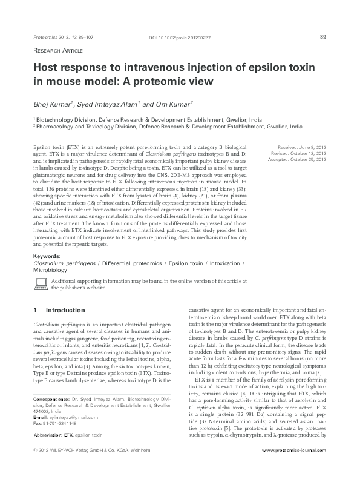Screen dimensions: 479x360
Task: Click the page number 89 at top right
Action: click(x=323, y=37)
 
